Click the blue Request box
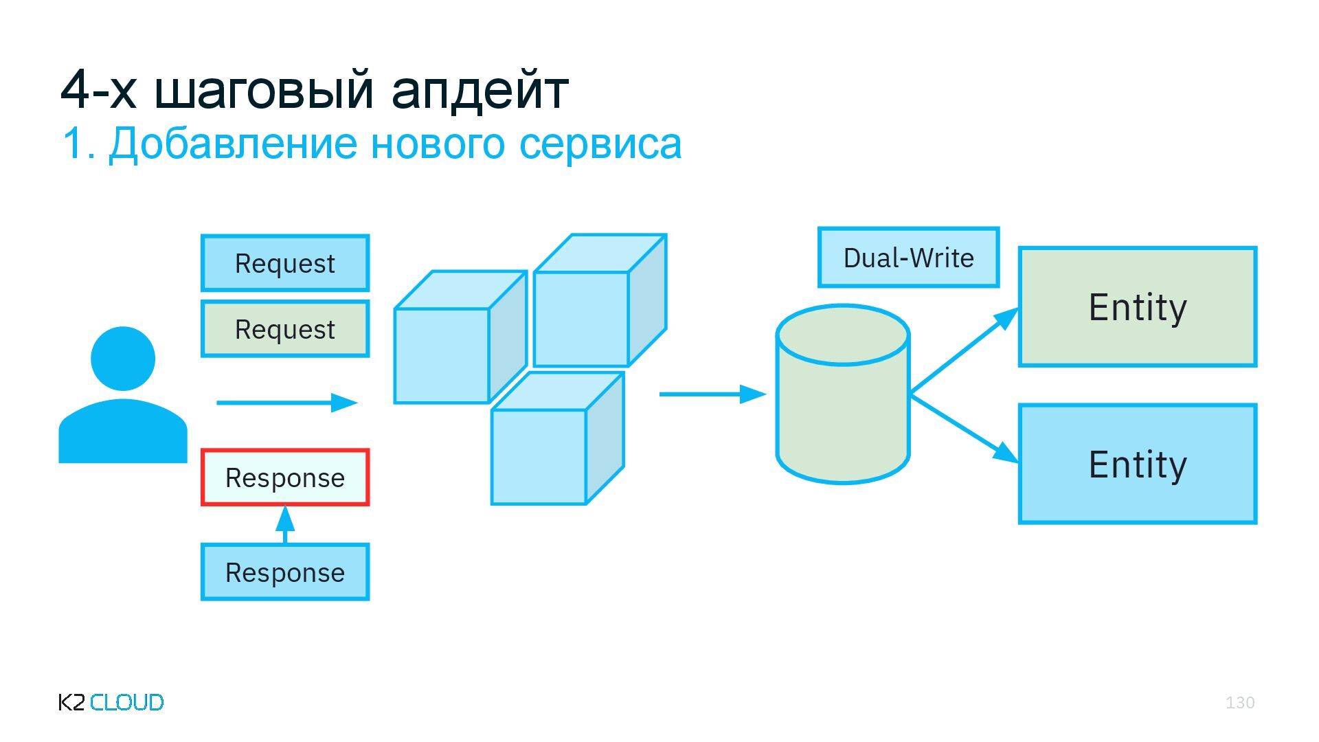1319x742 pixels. (x=285, y=263)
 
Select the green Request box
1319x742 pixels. (x=285, y=329)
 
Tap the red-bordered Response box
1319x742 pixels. (x=285, y=477)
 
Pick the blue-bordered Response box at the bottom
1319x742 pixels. (x=285, y=572)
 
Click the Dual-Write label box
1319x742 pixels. (x=908, y=258)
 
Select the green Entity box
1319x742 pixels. (x=1138, y=307)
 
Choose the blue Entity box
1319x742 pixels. (x=1138, y=464)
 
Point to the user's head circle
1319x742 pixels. (x=123, y=359)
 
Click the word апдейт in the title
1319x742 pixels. (x=480, y=89)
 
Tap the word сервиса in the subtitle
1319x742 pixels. (x=600, y=144)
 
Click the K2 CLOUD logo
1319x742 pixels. (x=111, y=702)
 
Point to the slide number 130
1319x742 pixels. (x=1240, y=702)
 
